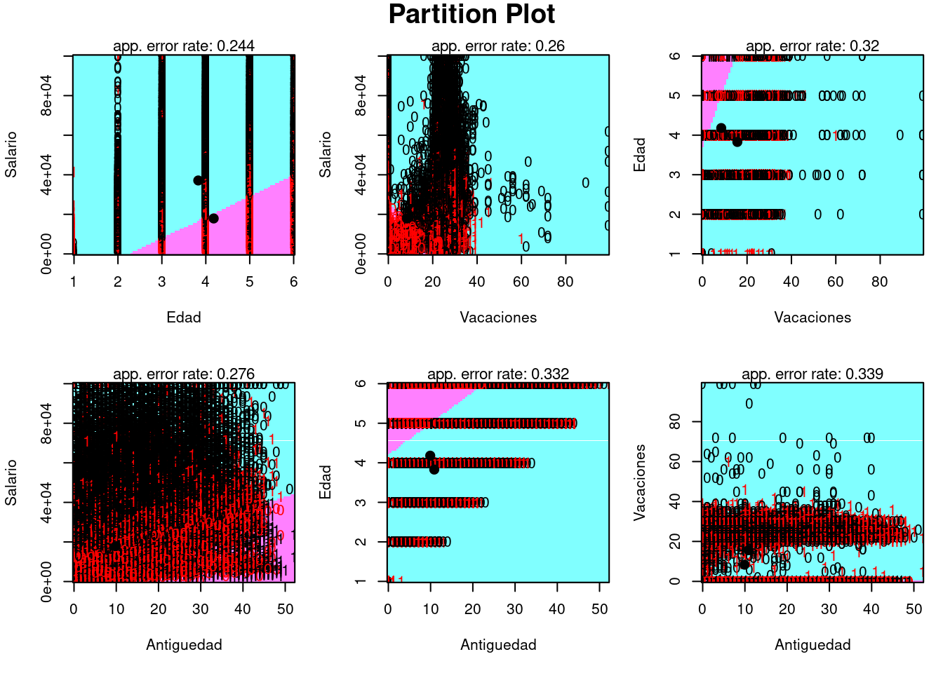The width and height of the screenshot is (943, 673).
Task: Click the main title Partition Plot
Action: pos(471,15)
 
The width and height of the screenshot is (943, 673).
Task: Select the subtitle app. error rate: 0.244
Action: pos(184,46)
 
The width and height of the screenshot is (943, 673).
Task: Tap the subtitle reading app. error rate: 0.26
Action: pos(498,46)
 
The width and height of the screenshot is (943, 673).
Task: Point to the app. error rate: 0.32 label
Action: pos(812,46)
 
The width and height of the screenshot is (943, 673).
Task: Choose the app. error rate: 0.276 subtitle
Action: pos(184,374)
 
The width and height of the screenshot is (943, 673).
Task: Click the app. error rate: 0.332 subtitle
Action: pos(498,374)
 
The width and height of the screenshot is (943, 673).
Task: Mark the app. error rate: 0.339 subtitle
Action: pos(812,374)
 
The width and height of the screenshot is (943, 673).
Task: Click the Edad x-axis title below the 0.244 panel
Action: pos(184,318)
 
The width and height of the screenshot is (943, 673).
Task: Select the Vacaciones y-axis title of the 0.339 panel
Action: pos(639,482)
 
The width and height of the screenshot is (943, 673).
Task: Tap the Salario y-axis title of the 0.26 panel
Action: pos(325,154)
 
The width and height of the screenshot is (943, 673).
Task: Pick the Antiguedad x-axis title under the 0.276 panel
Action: pos(184,645)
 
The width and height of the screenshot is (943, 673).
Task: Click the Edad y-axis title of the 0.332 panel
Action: pos(325,482)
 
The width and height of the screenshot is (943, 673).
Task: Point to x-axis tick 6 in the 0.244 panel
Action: pos(293,282)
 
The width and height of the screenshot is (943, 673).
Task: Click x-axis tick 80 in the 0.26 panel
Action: pos(565,282)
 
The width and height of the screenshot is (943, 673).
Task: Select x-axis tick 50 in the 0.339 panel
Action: pos(914,609)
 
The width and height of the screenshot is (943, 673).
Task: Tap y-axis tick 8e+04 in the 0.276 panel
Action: pos(46,423)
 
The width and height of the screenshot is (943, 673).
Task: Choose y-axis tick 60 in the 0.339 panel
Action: pos(675,461)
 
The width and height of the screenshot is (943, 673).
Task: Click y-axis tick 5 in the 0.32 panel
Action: pos(675,95)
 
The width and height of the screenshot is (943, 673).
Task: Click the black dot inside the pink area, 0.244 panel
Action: pos(213,219)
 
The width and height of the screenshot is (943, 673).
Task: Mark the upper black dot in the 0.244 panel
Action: pos(198,180)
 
